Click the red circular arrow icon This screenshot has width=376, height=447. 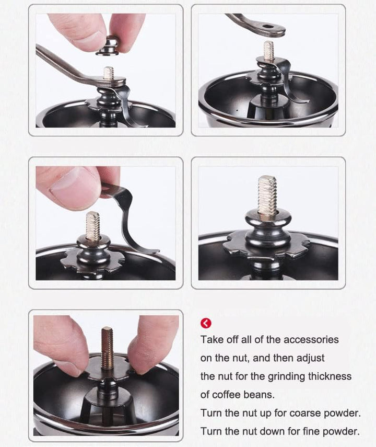pyautogui.click(x=206, y=323)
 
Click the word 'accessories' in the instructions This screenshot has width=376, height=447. pyautogui.click(x=311, y=339)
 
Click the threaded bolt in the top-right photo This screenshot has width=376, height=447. pyautogui.click(x=268, y=51)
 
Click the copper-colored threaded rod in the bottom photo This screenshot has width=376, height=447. pyautogui.click(x=107, y=348)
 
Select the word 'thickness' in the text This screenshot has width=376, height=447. pyautogui.click(x=330, y=376)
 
